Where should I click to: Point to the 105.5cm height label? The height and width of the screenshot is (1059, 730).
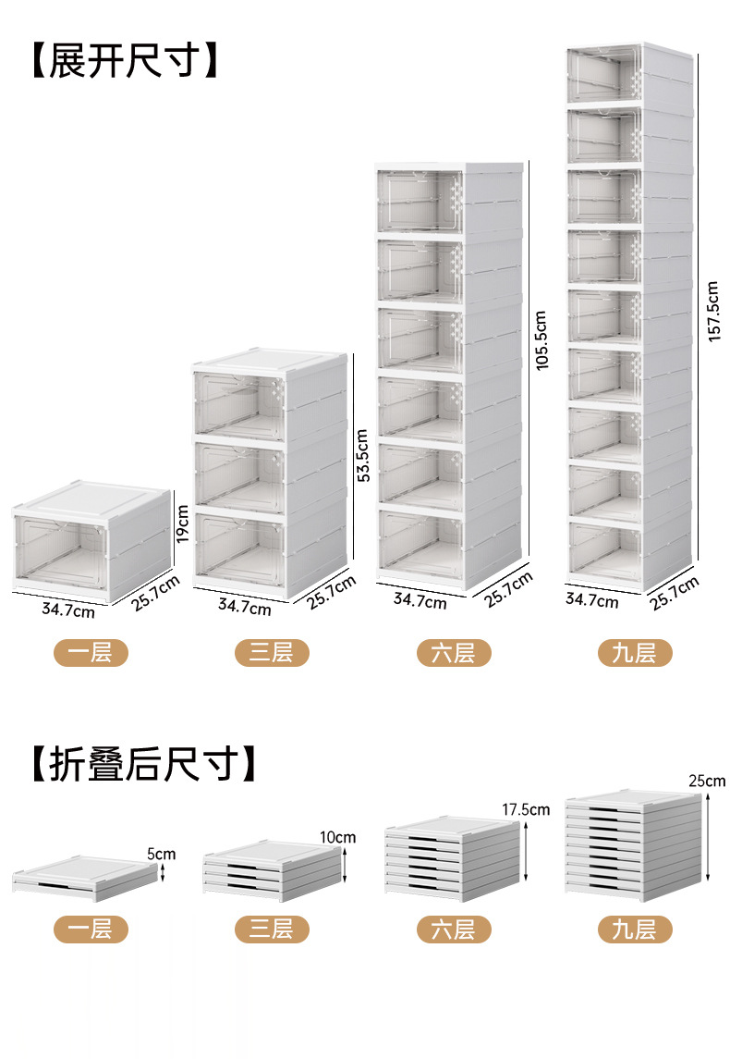(x=541, y=339)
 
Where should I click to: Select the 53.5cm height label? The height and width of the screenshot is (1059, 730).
(x=363, y=455)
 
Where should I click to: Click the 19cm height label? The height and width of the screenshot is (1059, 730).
(x=183, y=524)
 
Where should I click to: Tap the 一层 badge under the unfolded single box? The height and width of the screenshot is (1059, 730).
(x=90, y=653)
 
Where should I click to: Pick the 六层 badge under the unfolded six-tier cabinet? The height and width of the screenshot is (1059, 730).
(x=452, y=653)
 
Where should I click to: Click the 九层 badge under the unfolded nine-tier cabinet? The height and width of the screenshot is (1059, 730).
(x=634, y=653)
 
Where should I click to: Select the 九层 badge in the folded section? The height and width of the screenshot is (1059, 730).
(x=634, y=929)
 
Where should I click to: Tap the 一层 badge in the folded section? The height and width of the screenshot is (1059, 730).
(x=90, y=929)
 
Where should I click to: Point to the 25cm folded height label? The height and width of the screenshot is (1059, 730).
(x=707, y=782)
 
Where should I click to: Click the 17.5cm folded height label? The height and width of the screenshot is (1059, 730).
(x=526, y=809)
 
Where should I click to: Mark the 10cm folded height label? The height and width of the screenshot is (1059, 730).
(x=339, y=837)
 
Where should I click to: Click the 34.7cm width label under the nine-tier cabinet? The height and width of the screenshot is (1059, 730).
(x=592, y=600)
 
